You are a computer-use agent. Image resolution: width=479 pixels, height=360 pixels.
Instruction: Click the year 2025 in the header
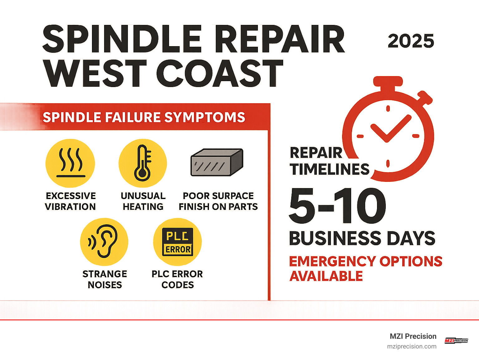tap(411, 41)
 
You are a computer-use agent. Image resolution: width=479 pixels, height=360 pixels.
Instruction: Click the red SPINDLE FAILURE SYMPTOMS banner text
tap(144, 117)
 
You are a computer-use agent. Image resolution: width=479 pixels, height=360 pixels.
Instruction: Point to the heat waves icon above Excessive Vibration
tap(70, 163)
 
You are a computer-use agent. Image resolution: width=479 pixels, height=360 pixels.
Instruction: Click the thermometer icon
tap(143, 163)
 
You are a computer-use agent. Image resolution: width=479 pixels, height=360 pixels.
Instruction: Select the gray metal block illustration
tap(217, 162)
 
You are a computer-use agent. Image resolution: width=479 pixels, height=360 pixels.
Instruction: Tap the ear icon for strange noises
tap(104, 242)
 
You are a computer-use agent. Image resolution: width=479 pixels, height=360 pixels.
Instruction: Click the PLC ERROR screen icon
tap(178, 242)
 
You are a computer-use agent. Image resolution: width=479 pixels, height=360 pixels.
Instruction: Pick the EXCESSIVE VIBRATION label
tap(70, 201)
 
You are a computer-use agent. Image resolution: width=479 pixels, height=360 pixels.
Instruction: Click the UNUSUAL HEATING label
tap(143, 201)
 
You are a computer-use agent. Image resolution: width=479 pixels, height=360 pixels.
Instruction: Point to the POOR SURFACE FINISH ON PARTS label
tap(218, 201)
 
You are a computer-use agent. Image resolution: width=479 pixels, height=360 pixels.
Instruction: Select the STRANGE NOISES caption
tap(104, 279)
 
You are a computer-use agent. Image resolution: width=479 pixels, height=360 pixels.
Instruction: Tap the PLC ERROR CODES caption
tap(177, 279)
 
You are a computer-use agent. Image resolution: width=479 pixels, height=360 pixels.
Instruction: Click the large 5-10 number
tap(337, 206)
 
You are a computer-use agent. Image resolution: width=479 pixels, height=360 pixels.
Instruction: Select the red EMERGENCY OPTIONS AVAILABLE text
tap(365, 269)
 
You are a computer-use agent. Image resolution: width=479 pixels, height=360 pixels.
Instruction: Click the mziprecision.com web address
tap(412, 347)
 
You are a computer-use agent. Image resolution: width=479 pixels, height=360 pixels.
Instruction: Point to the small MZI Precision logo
tap(456, 341)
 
